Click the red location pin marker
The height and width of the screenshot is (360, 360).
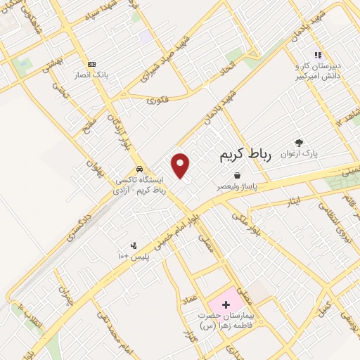[181, 165]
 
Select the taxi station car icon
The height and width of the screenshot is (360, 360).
[141, 169]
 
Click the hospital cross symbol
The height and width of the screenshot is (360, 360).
[226, 304]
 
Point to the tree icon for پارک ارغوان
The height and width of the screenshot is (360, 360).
[299, 143]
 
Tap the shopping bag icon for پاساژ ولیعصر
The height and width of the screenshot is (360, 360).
[238, 175]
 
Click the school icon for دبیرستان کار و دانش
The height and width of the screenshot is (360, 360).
[318, 54]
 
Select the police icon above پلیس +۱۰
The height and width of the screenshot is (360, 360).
[134, 245]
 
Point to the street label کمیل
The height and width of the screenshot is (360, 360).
[325, 307]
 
